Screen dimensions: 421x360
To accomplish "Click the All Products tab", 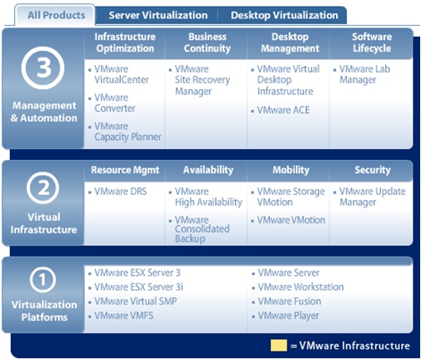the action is click(x=56, y=15).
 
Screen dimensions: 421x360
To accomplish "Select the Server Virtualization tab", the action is click(x=158, y=15).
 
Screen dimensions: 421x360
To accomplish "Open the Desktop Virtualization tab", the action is click(x=284, y=15).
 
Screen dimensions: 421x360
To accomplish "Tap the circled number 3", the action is click(x=43, y=67).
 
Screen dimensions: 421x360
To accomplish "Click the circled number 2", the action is click(x=43, y=188).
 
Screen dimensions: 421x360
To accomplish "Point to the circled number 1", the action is click(x=43, y=279).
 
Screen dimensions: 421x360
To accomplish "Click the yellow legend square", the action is click(x=278, y=345).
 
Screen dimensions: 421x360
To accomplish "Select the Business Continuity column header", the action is click(x=208, y=42).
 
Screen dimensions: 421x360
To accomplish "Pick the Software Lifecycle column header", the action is click(x=372, y=42).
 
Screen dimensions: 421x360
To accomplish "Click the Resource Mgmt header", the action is click(x=125, y=170).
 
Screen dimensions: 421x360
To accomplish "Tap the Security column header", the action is click(x=373, y=170).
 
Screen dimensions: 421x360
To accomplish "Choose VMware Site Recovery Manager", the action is click(x=203, y=80).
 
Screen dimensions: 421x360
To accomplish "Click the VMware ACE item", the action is click(x=283, y=110).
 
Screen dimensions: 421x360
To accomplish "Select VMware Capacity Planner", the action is click(x=128, y=132).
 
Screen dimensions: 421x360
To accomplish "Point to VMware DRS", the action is click(x=120, y=192).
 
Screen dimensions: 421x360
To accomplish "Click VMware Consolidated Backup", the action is click(x=202, y=229).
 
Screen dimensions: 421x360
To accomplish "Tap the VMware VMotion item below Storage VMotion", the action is click(x=291, y=220).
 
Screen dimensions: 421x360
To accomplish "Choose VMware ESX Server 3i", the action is click(x=138, y=287).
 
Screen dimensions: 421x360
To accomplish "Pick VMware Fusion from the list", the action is click(x=289, y=302).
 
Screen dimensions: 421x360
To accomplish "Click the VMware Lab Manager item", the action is click(x=364, y=74).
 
